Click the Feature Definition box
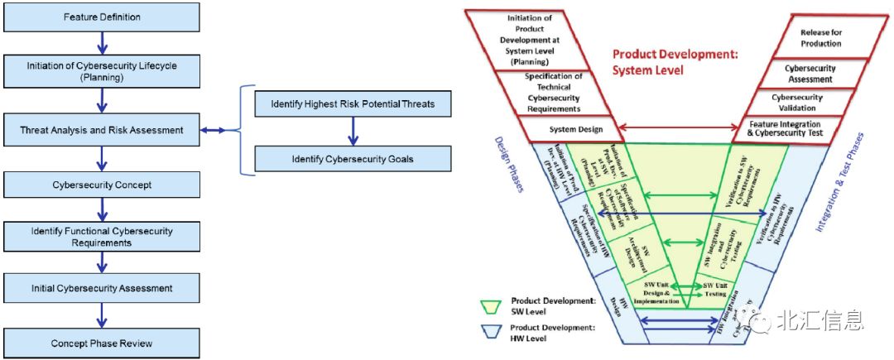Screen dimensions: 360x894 pos(101,17)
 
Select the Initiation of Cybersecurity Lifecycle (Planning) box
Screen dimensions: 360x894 pos(101,72)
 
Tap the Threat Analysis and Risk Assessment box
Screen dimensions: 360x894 pos(101,130)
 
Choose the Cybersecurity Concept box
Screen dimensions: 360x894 pos(101,185)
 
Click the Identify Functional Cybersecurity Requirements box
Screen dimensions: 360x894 pos(101,237)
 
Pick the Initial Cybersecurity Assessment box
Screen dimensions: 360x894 pos(101,288)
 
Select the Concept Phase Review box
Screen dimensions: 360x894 pos(101,343)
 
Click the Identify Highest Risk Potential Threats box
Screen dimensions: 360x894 pos(353,104)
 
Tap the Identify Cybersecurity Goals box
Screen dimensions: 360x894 pos(353,159)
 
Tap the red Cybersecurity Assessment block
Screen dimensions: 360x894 pos(810,74)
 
